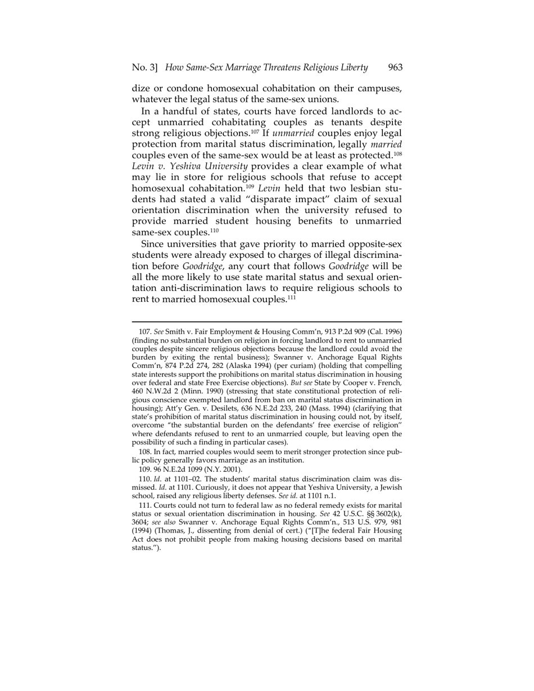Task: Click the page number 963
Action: click(x=395, y=67)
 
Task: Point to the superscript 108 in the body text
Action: click(x=397, y=152)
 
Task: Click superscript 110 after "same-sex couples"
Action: click(x=215, y=230)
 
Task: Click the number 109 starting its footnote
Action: click(x=144, y=469)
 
